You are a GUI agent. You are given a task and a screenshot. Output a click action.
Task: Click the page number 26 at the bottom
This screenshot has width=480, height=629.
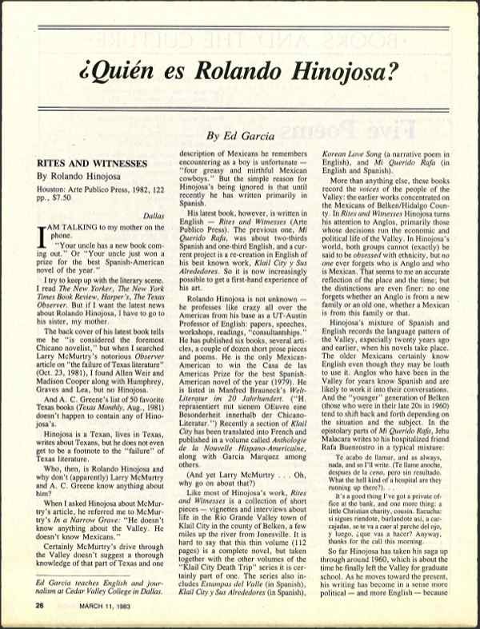tap(38, 606)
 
